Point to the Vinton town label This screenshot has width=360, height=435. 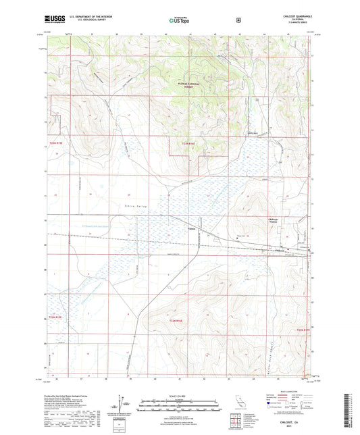pyautogui.click(x=192, y=228)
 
